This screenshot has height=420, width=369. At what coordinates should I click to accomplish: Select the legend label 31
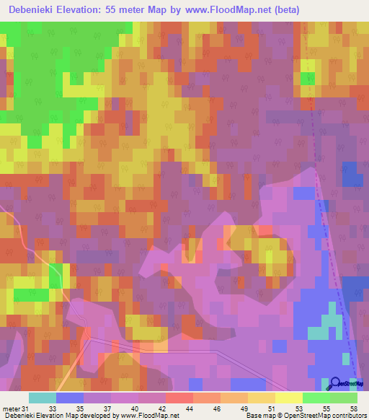click(28, 408)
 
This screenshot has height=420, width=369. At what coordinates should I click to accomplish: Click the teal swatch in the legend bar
click(42, 398)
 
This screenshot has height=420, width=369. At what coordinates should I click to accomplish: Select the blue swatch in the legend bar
click(69, 398)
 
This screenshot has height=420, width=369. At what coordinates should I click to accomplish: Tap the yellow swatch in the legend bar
click(288, 398)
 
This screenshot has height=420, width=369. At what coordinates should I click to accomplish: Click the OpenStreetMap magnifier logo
click(334, 382)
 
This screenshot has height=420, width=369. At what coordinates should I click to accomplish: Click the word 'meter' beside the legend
click(12, 408)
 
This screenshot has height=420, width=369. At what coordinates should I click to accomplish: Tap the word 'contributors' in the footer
click(346, 416)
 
